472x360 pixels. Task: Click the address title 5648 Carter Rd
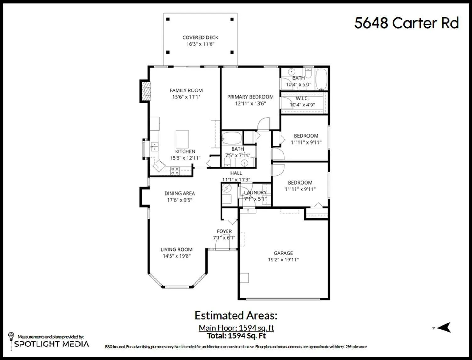pyautogui.click(x=407, y=23)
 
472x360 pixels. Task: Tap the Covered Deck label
pyautogui.click(x=200, y=37)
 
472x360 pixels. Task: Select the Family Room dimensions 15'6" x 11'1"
pyautogui.click(x=186, y=97)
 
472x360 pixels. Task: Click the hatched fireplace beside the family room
pyautogui.click(x=147, y=91)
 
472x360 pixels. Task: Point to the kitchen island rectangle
pyautogui.click(x=182, y=139)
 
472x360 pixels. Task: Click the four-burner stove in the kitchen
pyautogui.click(x=175, y=171)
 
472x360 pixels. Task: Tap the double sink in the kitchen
pyautogui.click(x=155, y=146)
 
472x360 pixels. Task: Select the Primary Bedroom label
pyautogui.click(x=250, y=97)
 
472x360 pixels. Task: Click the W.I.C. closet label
pyautogui.click(x=302, y=98)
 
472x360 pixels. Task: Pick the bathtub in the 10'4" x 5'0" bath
pyautogui.click(x=322, y=79)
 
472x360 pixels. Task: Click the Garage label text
pyautogui.click(x=283, y=253)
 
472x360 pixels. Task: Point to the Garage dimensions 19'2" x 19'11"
pyautogui.click(x=283, y=260)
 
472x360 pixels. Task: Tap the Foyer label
pyautogui.click(x=224, y=231)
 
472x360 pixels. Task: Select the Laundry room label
pyautogui.click(x=255, y=192)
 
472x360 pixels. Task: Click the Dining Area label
pyautogui.click(x=180, y=193)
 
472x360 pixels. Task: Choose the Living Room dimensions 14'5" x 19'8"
pyautogui.click(x=177, y=256)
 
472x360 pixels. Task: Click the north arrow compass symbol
pyautogui.click(x=444, y=328)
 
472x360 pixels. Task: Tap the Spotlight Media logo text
pyautogui.click(x=52, y=344)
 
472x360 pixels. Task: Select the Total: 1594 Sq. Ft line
pyautogui.click(x=236, y=336)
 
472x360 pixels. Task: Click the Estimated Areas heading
pyautogui.click(x=236, y=316)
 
